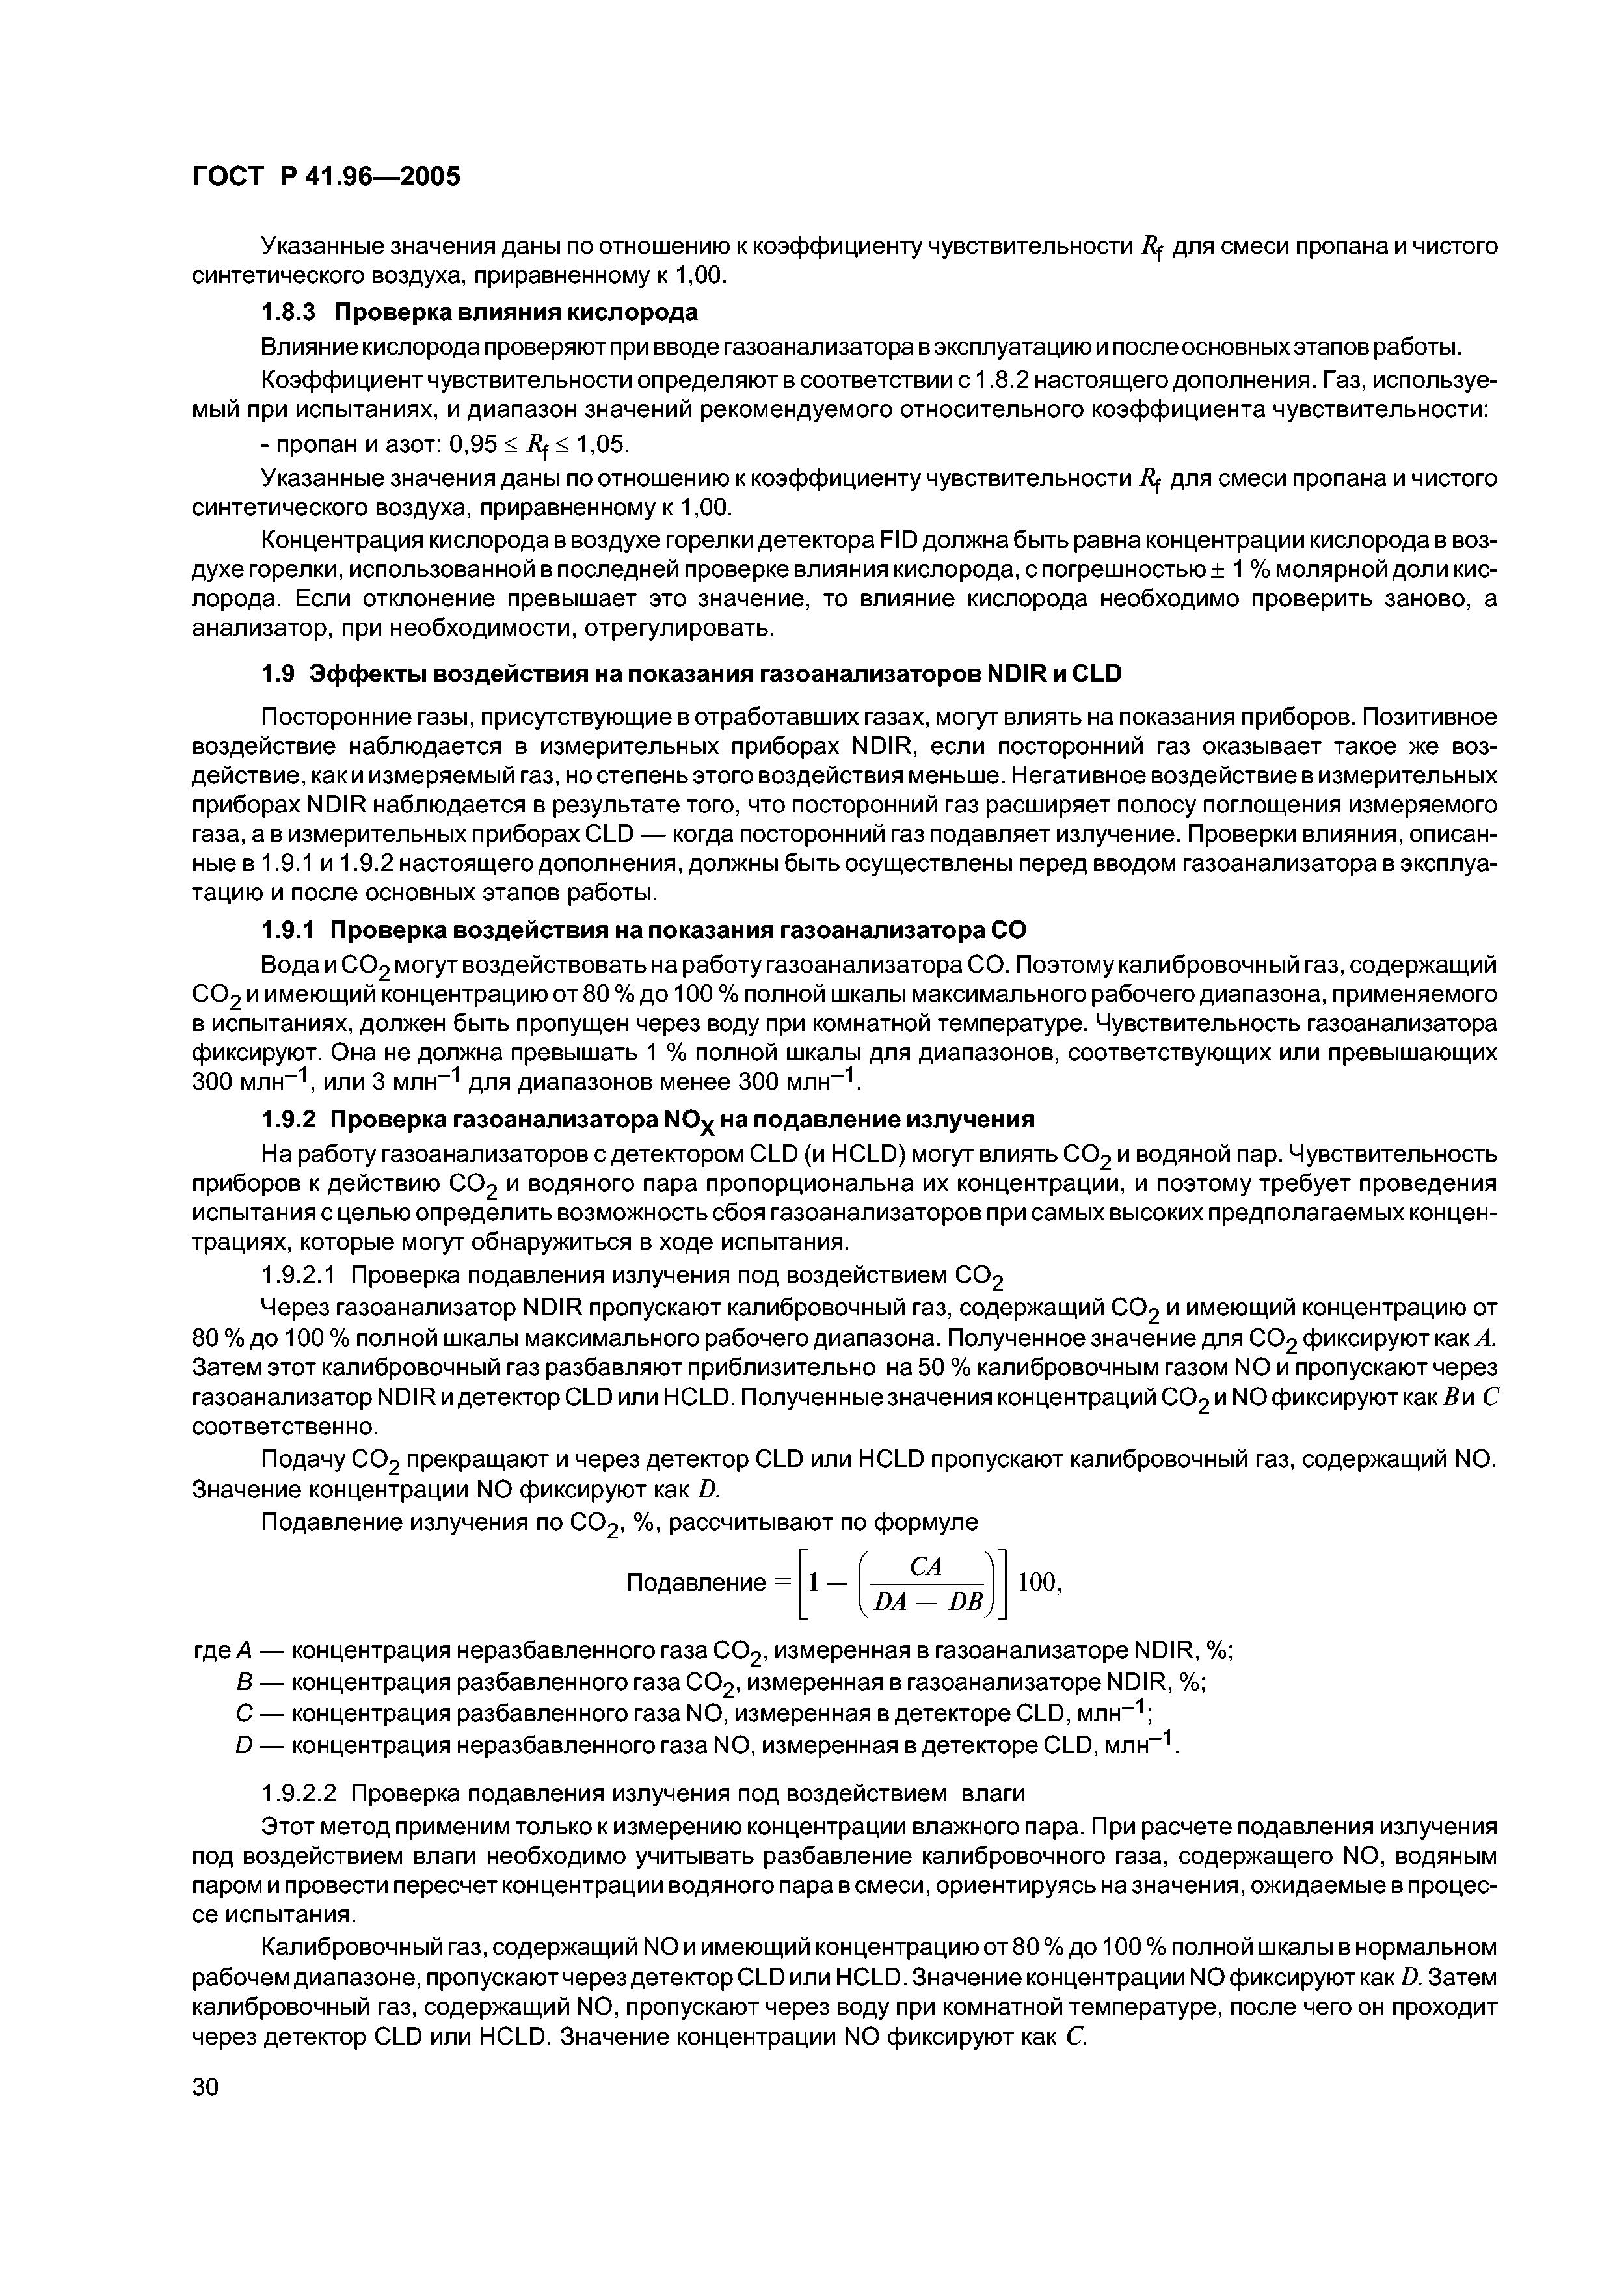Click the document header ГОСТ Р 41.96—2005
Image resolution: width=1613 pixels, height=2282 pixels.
click(x=325, y=177)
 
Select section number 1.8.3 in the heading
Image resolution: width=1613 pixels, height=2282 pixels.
click(x=287, y=312)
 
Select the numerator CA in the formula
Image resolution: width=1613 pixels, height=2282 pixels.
click(x=926, y=1565)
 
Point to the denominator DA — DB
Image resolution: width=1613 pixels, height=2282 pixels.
click(x=926, y=1601)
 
